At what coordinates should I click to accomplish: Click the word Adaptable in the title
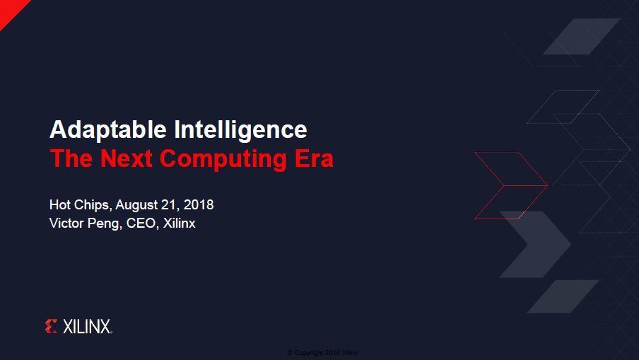coord(108,129)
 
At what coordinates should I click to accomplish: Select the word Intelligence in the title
coord(240,129)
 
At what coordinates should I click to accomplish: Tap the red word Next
coord(126,158)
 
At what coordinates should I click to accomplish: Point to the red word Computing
coord(223,159)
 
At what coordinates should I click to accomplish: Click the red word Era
coord(314,158)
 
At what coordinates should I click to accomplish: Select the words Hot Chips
coord(80,204)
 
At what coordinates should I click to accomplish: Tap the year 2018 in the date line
coord(199,204)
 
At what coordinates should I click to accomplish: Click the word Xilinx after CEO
coord(180,223)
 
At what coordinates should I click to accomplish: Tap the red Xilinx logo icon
coord(51,326)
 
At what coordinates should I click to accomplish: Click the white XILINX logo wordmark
coord(87,327)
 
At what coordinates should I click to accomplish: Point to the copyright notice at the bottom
coord(323,353)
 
